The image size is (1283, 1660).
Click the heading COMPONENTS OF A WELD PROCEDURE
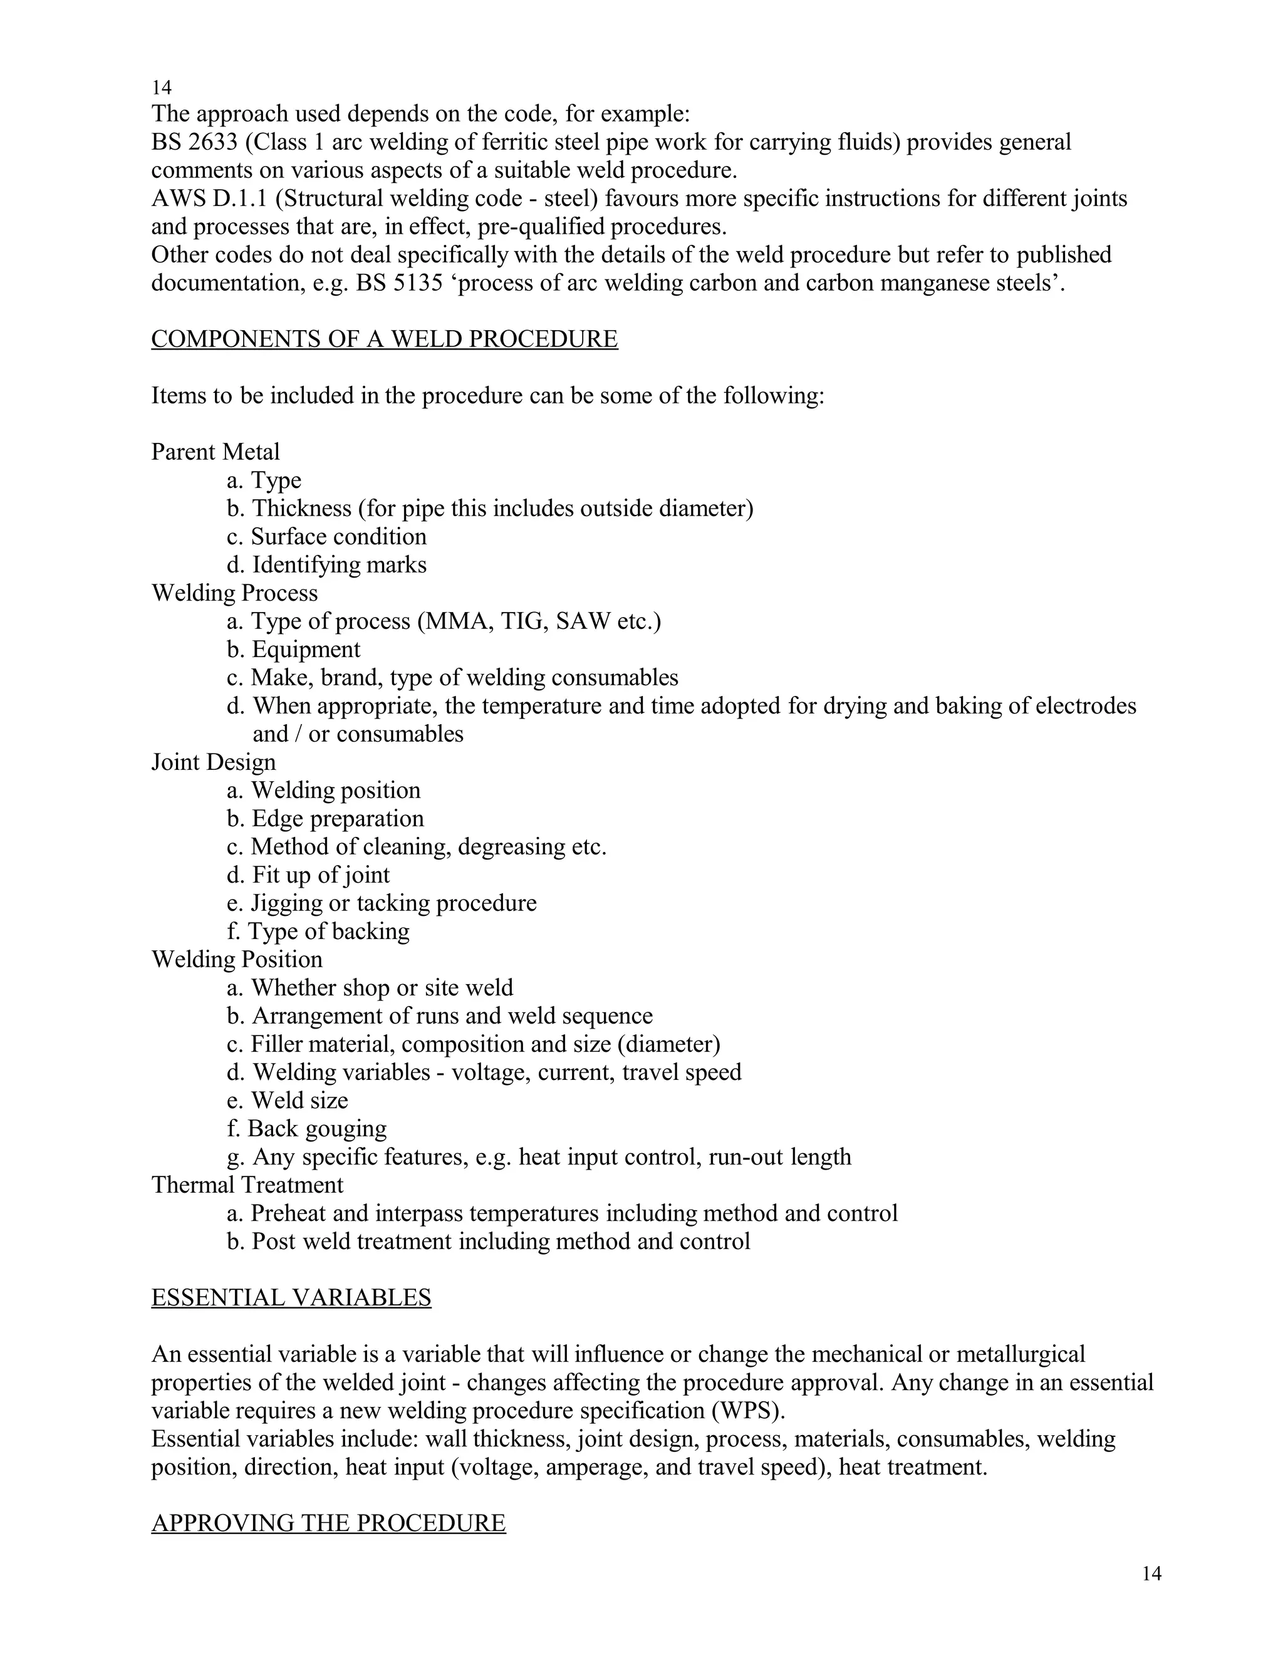click(385, 339)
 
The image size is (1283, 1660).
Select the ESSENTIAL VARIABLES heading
click(291, 1297)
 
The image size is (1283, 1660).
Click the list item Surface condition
click(338, 537)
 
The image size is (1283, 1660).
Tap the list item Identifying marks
click(339, 565)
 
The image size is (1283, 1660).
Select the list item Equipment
click(306, 649)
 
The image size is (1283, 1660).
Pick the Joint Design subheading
click(214, 762)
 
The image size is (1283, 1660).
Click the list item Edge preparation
click(338, 819)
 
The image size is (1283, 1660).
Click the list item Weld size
click(299, 1101)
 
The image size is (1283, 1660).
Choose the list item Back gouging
click(317, 1129)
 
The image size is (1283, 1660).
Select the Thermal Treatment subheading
click(247, 1185)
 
